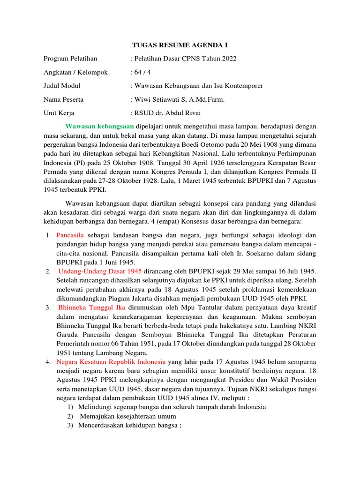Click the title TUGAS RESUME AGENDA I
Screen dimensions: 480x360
click(180, 45)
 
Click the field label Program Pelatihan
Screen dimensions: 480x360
click(70, 59)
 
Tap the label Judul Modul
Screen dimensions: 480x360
click(61, 86)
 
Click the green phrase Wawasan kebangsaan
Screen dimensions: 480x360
click(100, 127)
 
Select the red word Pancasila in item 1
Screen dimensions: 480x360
click(71, 235)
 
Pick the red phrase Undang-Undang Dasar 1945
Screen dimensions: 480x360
click(100, 271)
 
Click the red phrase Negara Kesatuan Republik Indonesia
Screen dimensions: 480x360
click(111, 362)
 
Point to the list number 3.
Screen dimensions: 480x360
click(48, 307)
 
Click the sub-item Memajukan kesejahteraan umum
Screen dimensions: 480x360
click(128, 416)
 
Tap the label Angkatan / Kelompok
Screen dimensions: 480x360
click(75, 72)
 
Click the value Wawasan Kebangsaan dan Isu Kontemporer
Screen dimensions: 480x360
click(198, 86)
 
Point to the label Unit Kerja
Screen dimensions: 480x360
click(59, 113)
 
